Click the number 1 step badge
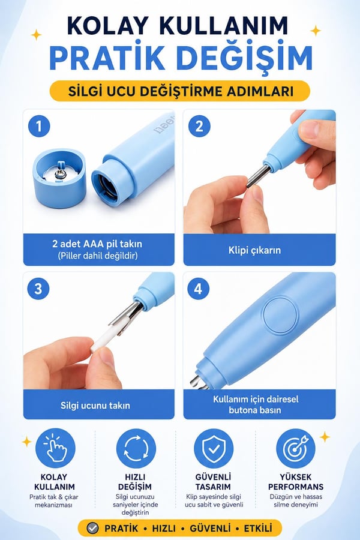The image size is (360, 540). [39, 126]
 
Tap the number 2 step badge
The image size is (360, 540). [199, 126]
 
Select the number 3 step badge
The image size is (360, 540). [38, 288]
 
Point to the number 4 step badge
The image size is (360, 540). [198, 288]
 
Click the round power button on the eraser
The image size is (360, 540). [280, 316]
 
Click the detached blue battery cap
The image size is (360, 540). [59, 178]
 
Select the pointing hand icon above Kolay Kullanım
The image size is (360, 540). [55, 448]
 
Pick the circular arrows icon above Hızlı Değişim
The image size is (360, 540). [136, 448]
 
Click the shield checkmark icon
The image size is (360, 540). [214, 448]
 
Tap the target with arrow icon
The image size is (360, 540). [296, 448]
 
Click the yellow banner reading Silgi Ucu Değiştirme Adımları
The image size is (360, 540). [180, 91]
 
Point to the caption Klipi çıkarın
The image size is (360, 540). [254, 250]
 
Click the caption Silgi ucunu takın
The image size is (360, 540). [95, 406]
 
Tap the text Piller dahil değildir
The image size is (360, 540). [98, 256]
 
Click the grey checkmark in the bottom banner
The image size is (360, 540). [92, 528]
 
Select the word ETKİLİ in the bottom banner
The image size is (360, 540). [258, 528]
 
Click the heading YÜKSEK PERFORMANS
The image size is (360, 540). [296, 482]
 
